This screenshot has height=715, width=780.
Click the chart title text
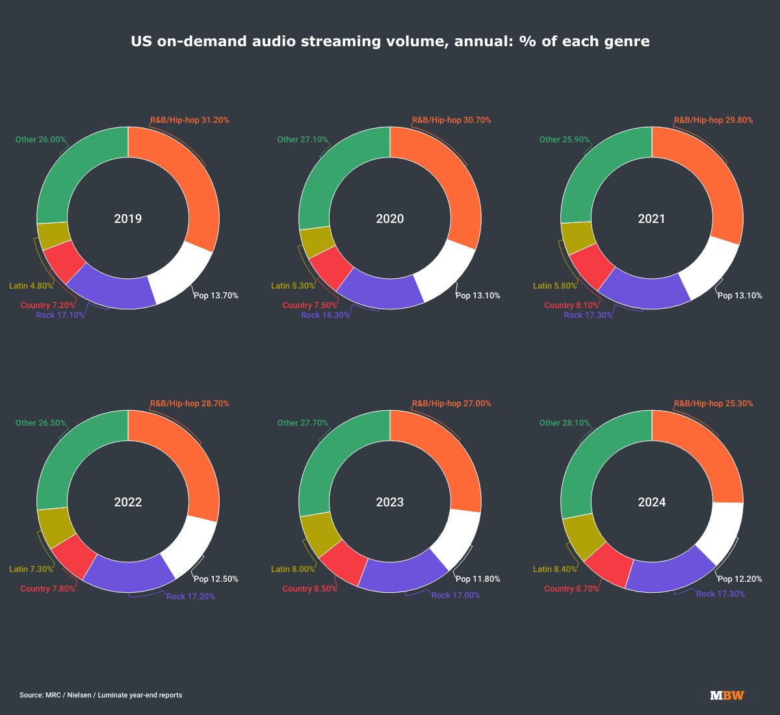click(x=390, y=42)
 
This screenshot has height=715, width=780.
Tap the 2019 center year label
click(x=128, y=218)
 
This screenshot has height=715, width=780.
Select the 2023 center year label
click(x=390, y=502)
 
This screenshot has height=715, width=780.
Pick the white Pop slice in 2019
click(x=181, y=274)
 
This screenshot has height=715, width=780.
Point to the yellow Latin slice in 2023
click(x=319, y=534)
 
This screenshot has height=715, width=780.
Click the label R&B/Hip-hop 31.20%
click(x=189, y=120)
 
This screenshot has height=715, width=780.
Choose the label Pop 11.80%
click(x=478, y=579)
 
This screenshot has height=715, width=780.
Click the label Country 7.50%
click(x=309, y=305)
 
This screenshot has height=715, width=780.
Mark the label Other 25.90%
click(x=565, y=140)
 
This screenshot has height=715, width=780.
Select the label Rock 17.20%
click(x=190, y=597)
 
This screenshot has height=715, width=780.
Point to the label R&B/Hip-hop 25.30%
click(x=713, y=404)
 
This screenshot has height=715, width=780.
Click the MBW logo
click(x=727, y=695)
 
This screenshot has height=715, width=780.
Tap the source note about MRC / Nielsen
click(x=101, y=695)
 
